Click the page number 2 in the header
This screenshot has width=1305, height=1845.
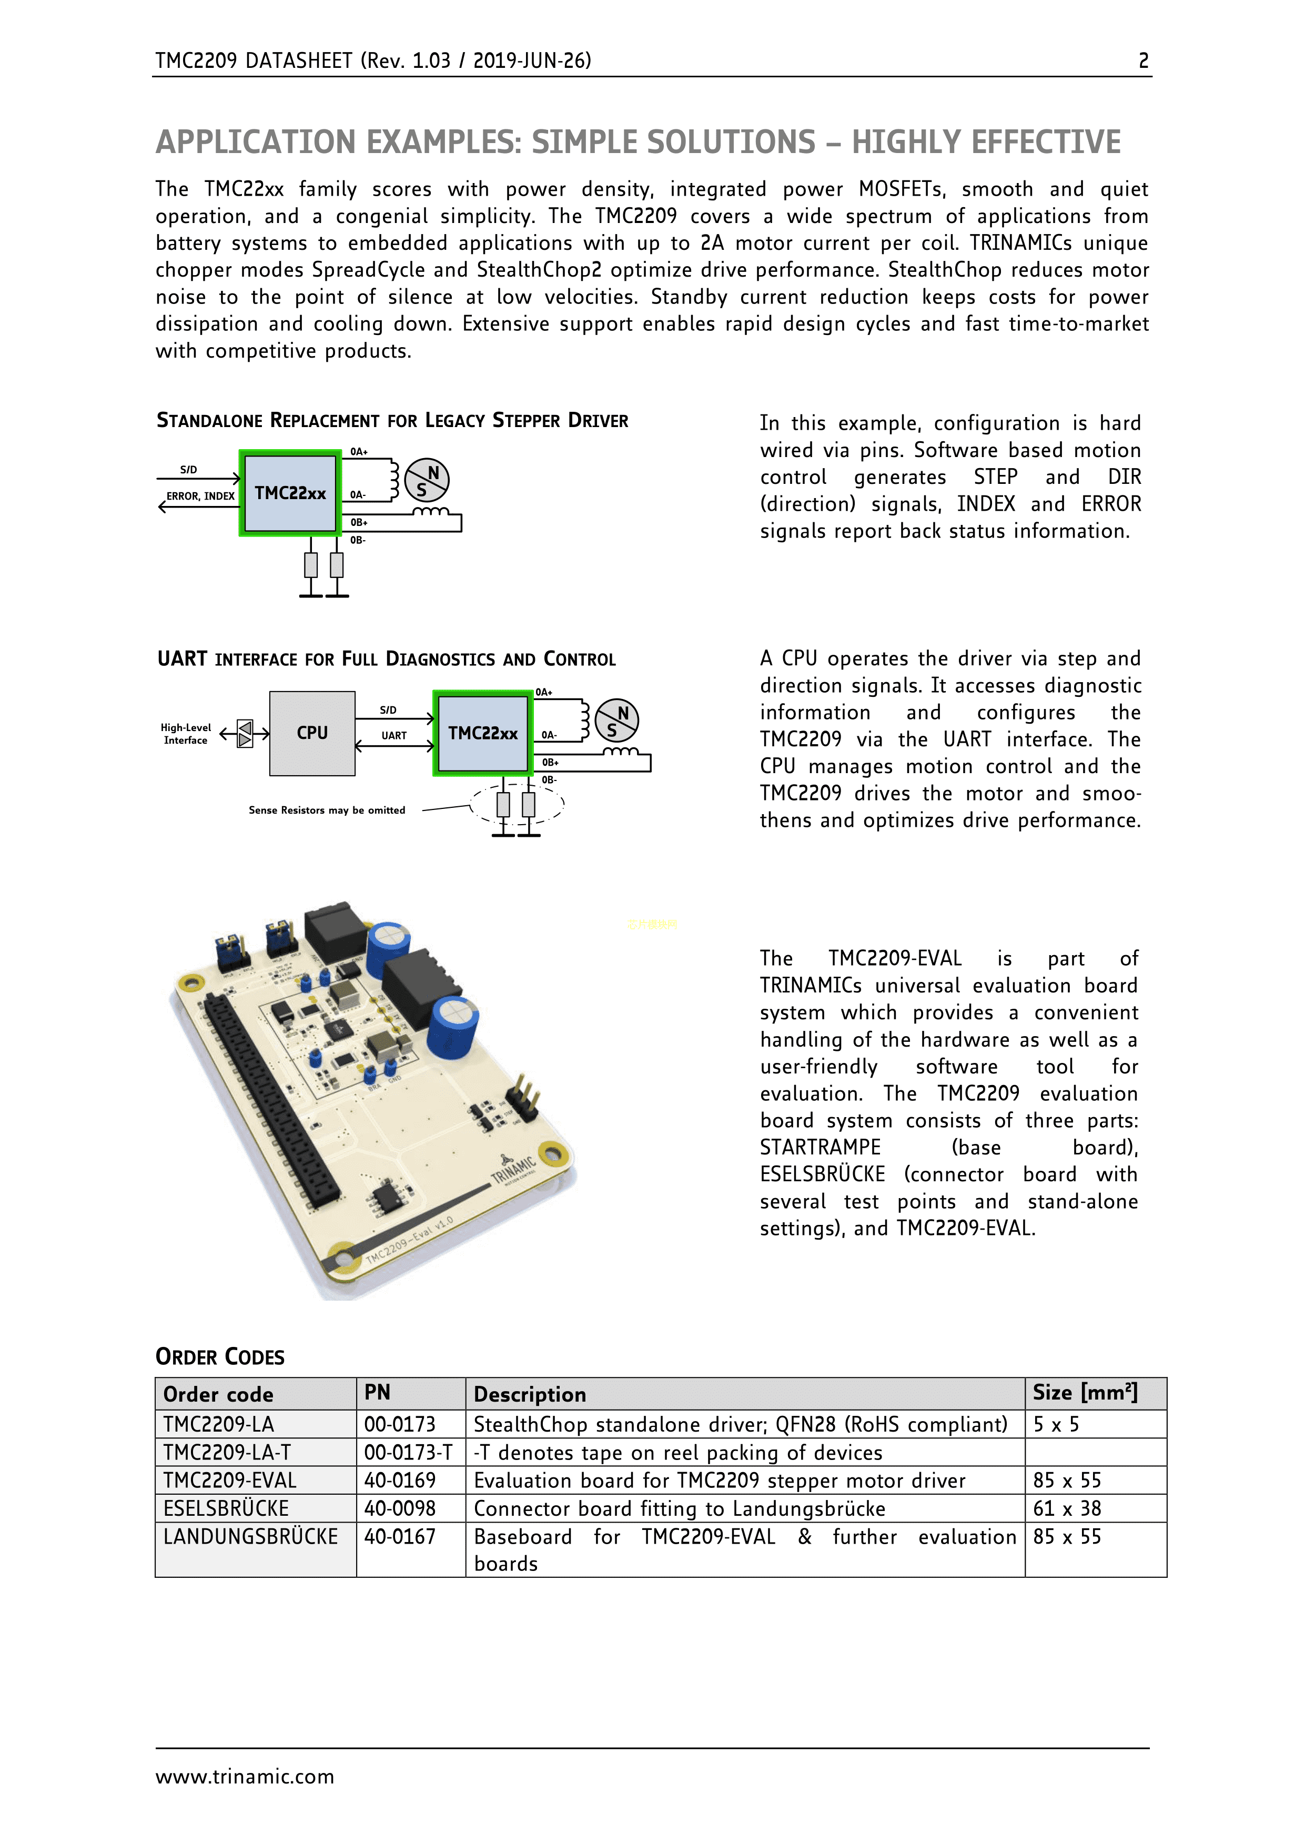[x=1142, y=61]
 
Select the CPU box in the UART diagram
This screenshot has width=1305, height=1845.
[x=312, y=733]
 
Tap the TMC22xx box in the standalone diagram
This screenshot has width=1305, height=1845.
[x=290, y=493]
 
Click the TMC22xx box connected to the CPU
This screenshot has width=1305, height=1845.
[x=482, y=733]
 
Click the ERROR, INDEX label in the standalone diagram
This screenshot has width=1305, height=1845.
[x=200, y=496]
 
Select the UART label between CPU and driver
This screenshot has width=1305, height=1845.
[x=394, y=735]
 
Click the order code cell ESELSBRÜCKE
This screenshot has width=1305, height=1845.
[x=226, y=1508]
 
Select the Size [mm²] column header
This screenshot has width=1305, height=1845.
[x=1084, y=1393]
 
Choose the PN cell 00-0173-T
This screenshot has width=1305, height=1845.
[x=408, y=1452]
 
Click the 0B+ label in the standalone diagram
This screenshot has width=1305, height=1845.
[x=358, y=522]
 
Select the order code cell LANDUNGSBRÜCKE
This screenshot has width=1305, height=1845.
[x=250, y=1536]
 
